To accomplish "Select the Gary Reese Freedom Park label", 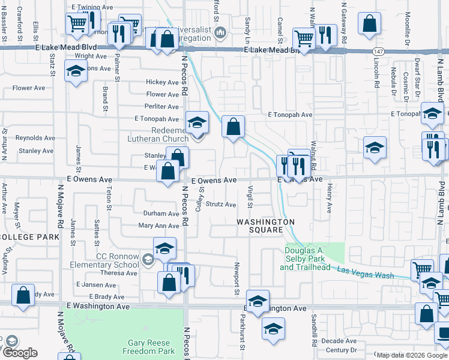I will pos(142,346).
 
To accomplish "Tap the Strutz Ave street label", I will pos(221,205).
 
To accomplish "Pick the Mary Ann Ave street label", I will pos(158,226).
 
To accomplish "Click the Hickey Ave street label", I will pos(163,82).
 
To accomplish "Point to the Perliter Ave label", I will pos(162,106).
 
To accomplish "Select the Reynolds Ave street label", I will pos(35,138).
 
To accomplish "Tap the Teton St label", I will pos(109,198).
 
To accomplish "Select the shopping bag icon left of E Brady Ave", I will pos(23,296).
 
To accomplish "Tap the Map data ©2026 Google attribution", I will pos(411,355).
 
